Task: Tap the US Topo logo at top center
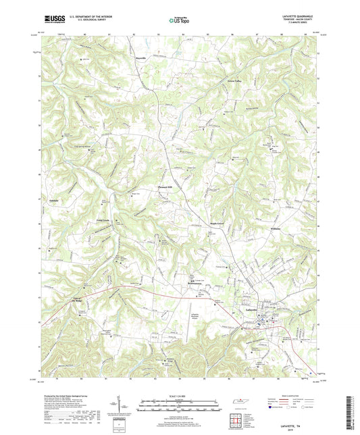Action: (177, 21)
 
